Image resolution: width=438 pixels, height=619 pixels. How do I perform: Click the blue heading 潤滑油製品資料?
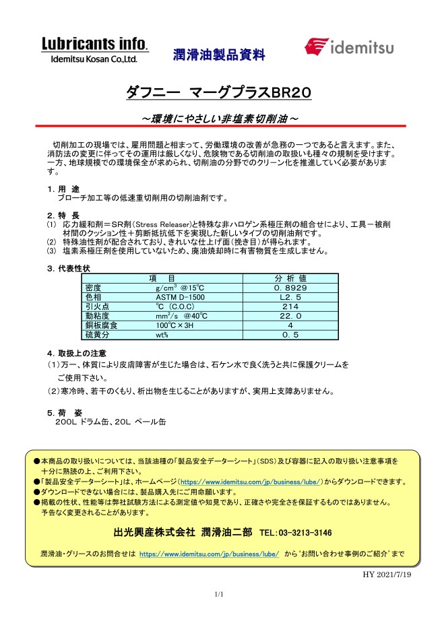click(219, 55)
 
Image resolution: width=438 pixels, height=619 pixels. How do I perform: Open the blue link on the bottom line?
click(209, 554)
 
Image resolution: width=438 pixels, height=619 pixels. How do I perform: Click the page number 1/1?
click(218, 594)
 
